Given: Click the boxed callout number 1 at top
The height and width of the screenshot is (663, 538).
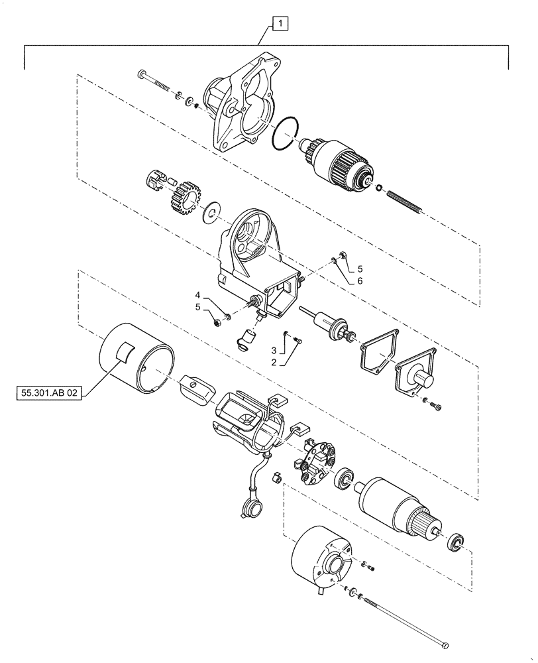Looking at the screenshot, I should click(280, 25).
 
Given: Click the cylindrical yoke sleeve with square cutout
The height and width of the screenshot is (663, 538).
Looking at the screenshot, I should click(136, 361).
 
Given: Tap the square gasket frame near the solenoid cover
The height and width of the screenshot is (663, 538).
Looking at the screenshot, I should click(378, 353).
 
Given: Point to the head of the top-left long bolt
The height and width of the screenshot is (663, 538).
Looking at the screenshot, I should click(140, 73).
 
